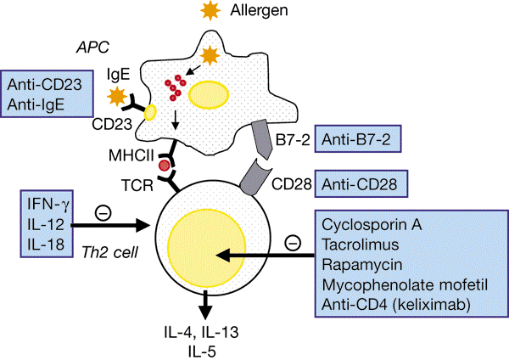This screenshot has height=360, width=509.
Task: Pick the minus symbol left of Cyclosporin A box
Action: pyautogui.click(x=292, y=244)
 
